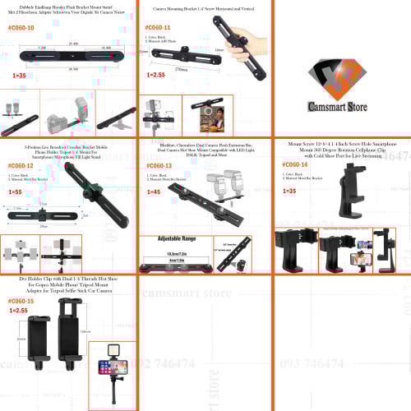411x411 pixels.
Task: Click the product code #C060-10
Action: [20, 28]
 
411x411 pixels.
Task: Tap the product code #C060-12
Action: [20, 165]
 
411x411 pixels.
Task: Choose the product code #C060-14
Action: [293, 165]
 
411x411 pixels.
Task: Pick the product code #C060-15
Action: [20, 302]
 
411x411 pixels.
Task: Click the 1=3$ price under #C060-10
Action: [18, 74]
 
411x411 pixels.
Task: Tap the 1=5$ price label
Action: [16, 191]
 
